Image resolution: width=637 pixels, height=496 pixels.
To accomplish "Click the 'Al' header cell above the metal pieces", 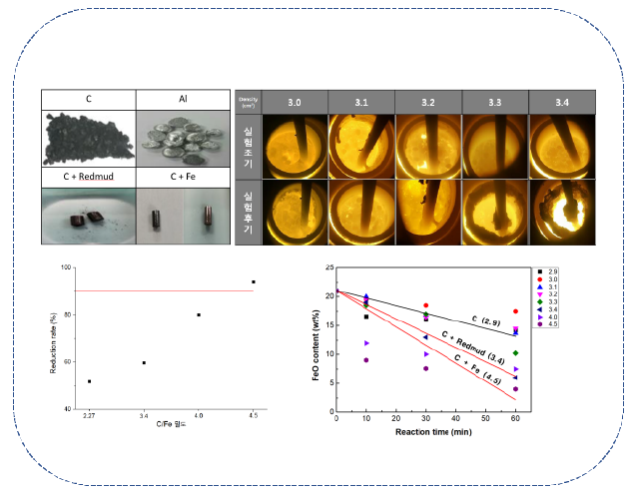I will (184, 99).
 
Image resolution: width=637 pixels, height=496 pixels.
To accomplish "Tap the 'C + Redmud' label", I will (87, 177).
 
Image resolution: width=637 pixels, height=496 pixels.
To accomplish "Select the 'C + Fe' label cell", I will (184, 177).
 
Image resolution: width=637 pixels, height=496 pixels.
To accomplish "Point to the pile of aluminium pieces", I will (184, 136).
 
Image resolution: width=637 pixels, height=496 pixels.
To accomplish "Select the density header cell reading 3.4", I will (561, 101).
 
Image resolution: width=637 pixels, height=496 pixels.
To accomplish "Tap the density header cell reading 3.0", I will (294, 101).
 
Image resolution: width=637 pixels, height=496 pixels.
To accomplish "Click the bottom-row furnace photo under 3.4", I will (561, 212).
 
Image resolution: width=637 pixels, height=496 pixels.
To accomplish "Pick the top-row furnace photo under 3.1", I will (360, 146).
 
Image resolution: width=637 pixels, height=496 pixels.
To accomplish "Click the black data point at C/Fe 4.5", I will (254, 282).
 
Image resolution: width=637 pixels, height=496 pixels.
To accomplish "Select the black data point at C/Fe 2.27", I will (90, 381).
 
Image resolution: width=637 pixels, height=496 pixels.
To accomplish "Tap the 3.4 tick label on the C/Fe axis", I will (144, 415).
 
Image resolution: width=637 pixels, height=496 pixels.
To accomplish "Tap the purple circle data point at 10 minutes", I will (366, 360).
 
